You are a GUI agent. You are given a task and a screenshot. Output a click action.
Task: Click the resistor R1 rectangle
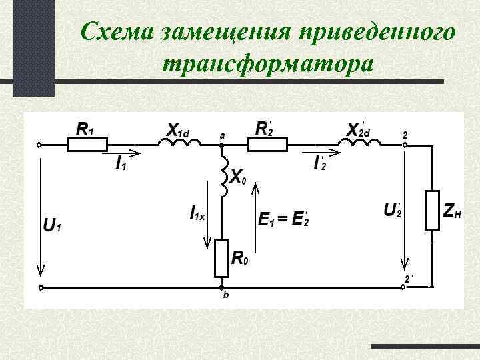(87, 144)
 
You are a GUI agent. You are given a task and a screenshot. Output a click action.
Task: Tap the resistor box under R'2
(267, 144)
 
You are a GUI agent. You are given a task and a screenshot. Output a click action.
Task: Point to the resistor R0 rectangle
(221, 258)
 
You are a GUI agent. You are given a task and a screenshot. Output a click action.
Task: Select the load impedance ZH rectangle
(433, 211)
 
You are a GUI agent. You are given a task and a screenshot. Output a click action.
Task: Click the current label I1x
(198, 213)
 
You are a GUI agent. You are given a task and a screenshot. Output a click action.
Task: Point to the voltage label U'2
(391, 209)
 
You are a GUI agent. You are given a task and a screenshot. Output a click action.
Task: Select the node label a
(222, 135)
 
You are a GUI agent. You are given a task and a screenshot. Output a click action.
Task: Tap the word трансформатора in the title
(267, 63)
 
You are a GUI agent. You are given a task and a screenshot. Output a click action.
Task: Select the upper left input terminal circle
(41, 145)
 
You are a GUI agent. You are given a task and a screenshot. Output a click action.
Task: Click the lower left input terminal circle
(41, 288)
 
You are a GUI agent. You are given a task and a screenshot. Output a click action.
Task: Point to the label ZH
(452, 211)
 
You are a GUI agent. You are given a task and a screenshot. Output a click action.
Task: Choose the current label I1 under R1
(121, 164)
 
